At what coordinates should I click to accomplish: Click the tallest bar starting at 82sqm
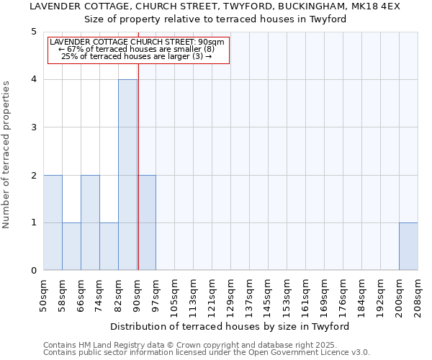(127, 175)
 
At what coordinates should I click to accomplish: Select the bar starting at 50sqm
(53, 222)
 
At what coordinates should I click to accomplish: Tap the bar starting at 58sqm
(71, 246)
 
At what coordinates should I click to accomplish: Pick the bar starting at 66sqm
(90, 222)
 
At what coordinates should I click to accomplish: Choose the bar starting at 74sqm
(109, 246)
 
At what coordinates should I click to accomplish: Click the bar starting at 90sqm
(147, 222)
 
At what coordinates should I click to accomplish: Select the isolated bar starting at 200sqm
(408, 246)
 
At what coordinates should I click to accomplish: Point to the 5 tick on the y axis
(34, 32)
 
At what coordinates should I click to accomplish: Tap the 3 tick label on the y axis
(34, 127)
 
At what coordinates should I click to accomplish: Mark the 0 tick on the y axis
(34, 271)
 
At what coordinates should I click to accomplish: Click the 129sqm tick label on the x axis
(231, 295)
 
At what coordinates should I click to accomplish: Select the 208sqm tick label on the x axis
(418, 295)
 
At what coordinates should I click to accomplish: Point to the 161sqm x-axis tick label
(306, 295)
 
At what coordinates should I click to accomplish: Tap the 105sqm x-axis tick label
(175, 295)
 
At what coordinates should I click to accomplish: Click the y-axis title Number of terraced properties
(6, 155)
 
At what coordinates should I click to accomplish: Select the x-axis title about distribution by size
(230, 326)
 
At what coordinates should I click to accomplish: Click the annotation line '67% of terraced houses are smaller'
(137, 49)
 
